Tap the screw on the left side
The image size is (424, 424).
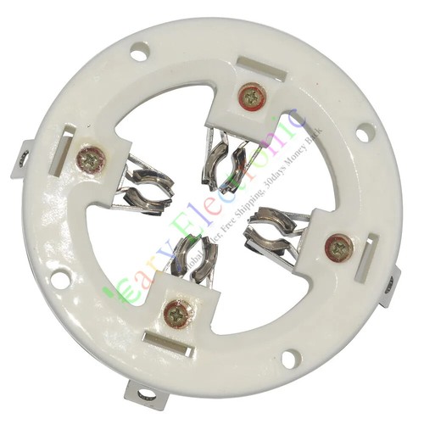pyautogui.click(x=91, y=158)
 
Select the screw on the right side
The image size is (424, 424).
pyautogui.click(x=338, y=247)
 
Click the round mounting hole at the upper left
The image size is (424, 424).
pyautogui.click(x=138, y=55)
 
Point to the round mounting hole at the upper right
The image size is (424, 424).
pyautogui.click(x=363, y=132)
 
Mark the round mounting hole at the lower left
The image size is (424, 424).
pyautogui.click(x=58, y=277)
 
